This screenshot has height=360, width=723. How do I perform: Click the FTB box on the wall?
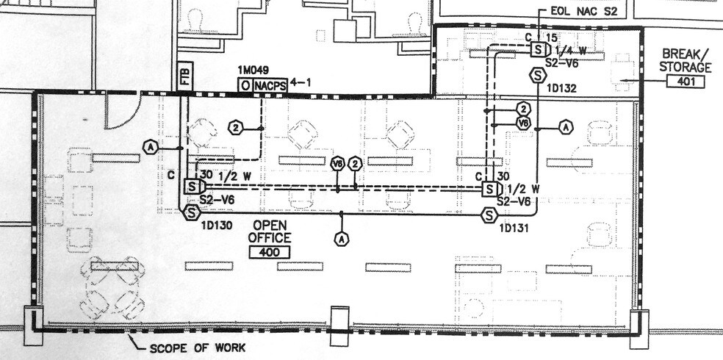(185, 76)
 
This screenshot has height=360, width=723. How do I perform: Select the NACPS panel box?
(270, 86)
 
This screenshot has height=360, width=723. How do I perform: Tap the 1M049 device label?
(253, 70)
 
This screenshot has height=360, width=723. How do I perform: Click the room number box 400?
(269, 253)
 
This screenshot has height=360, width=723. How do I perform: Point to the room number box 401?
(686, 82)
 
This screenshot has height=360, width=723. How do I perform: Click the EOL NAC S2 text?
(583, 11)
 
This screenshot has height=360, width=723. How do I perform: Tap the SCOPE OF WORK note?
(198, 348)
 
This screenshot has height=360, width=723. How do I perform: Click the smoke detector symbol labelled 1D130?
(191, 213)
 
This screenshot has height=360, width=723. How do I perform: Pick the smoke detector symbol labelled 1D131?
(489, 215)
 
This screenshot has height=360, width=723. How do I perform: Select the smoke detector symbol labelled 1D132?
(538, 75)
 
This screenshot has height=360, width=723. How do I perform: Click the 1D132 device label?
(561, 88)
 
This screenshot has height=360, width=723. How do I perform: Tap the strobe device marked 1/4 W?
(540, 49)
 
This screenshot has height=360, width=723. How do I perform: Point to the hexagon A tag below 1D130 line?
(341, 240)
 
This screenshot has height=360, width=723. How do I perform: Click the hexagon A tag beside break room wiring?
(566, 127)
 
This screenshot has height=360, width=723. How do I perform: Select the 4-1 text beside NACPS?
(301, 84)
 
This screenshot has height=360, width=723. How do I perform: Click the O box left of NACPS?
(245, 86)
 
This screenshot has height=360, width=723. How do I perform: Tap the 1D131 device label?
(513, 228)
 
